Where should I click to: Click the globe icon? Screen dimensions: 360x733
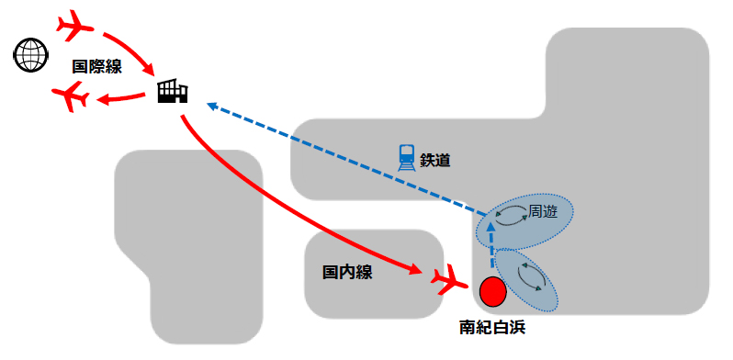[30, 55]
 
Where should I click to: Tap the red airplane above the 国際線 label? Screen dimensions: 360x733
[76, 25]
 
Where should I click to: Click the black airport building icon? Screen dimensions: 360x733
[172, 90]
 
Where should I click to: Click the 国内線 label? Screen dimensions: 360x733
[347, 273]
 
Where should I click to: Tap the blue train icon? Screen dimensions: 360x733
[406, 156]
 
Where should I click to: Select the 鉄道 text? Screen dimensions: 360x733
[435, 159]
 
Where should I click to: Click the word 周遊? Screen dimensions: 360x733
[543, 212]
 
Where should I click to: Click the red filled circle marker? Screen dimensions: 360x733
[493, 291]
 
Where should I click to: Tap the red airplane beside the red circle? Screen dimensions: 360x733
[447, 277]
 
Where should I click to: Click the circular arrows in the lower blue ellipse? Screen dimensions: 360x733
[530, 273]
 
